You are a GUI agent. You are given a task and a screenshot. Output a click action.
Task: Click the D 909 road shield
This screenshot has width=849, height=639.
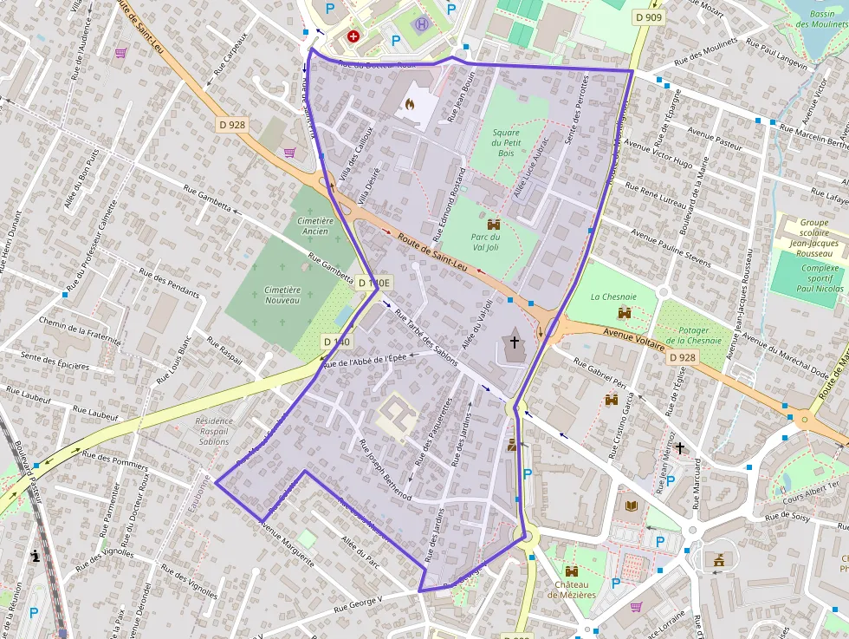[648, 17]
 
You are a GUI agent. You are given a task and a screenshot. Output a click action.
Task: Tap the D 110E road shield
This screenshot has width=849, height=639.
[374, 283]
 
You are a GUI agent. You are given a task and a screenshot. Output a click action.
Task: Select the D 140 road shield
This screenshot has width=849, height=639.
[337, 342]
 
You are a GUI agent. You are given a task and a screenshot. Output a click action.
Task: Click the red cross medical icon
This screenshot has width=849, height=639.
[353, 36]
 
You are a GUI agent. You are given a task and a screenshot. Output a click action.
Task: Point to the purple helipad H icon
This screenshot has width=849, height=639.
[422, 23]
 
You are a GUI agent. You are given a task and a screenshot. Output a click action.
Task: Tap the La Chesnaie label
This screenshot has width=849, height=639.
[607, 297]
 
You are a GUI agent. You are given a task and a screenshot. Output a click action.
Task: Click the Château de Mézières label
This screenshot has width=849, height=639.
[571, 589]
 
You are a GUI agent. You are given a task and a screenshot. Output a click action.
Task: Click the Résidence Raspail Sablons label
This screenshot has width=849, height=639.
[214, 431]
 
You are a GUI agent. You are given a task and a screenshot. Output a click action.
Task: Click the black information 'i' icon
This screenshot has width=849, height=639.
[36, 556]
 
